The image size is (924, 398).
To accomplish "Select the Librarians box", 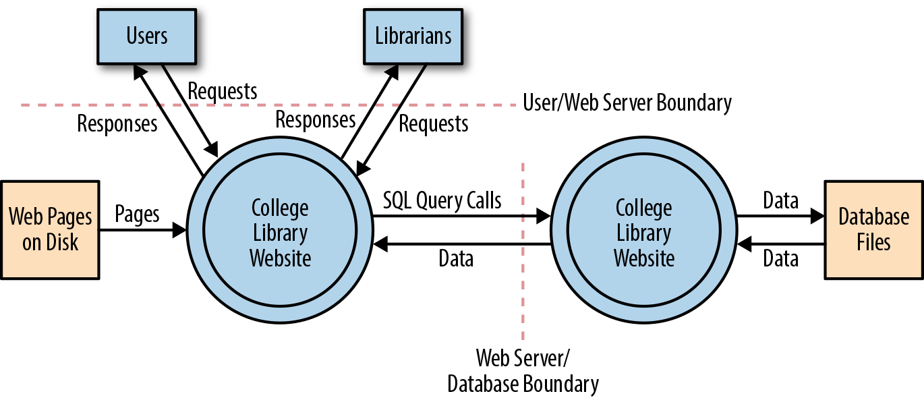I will [413, 36].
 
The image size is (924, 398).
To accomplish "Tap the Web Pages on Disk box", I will [51, 229].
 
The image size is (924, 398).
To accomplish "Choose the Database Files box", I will [873, 229].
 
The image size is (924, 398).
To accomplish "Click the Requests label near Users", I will [222, 91].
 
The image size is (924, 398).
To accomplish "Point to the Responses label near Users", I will [117, 123].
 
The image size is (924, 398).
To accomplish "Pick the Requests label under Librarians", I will [433, 123].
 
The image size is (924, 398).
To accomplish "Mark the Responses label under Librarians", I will [315, 120].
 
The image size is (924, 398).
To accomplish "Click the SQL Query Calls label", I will [442, 200].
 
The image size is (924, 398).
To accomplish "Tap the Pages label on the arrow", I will [137, 214].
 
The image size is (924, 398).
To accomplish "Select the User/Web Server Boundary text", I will [627, 103].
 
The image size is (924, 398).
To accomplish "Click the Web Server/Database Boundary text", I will [523, 370].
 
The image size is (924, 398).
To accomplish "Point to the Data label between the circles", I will [456, 259].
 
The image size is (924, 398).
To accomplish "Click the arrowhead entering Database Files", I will [817, 217].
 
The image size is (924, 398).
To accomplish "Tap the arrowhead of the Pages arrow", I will [179, 230].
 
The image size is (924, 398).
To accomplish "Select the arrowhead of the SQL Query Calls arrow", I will [543, 217].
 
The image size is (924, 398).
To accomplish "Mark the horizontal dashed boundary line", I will [270, 105].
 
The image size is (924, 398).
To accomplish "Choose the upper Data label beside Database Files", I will [780, 200].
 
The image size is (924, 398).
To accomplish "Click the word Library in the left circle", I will [280, 233].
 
